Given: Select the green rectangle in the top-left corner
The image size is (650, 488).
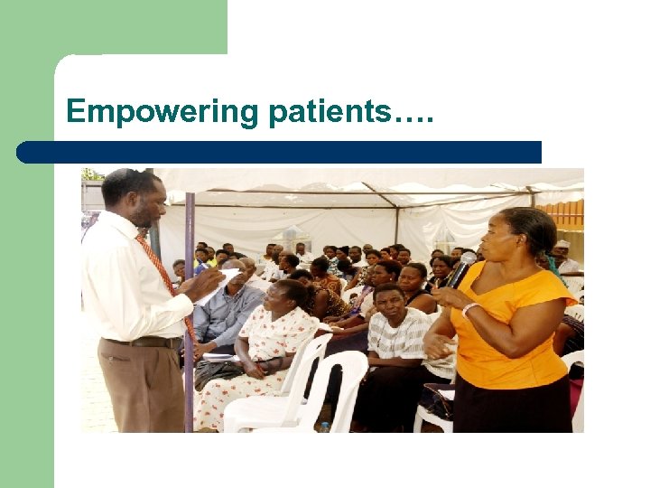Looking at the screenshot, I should pyautogui.click(x=114, y=27).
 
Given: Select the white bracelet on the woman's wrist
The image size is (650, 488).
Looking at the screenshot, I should pyautogui.click(x=469, y=307).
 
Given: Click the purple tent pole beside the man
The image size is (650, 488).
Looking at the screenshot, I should pyautogui.click(x=189, y=316).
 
